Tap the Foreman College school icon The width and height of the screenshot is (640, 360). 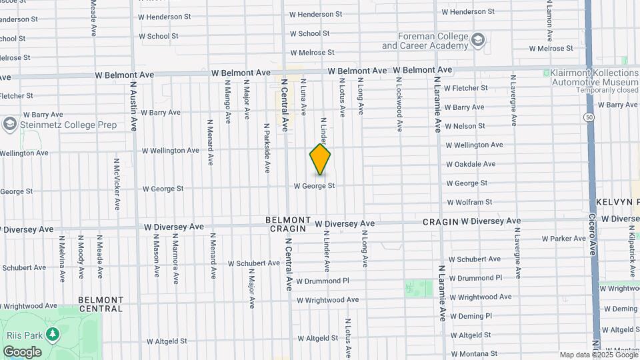click(x=477, y=41)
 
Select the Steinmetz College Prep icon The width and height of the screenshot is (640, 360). click(x=9, y=125)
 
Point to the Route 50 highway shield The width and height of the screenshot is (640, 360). click(x=589, y=117)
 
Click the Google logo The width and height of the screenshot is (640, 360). click(x=22, y=352)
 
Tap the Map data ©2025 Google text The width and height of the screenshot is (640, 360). click(x=599, y=355)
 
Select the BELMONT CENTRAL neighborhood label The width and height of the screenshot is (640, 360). click(x=101, y=305)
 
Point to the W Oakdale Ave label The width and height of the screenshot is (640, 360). click(x=471, y=164)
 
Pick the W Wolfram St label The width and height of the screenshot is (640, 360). click(x=469, y=202)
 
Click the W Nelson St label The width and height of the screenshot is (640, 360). click(x=465, y=126)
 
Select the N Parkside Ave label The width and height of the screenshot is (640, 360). click(x=267, y=149)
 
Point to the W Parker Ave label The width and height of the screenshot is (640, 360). click(x=563, y=239)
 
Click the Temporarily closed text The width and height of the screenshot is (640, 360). click(x=589, y=90)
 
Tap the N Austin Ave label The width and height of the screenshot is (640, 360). click(x=133, y=106)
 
